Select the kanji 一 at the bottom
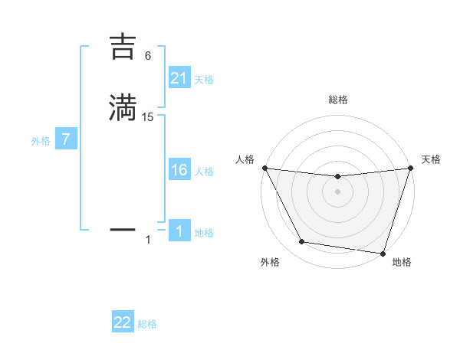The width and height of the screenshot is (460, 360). pyautogui.click(x=123, y=228)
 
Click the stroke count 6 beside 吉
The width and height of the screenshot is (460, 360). pyautogui.click(x=148, y=56)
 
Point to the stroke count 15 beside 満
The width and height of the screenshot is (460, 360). pyautogui.click(x=148, y=116)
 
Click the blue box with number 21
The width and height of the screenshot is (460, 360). pyautogui.click(x=179, y=78)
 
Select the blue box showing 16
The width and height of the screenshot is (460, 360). pyautogui.click(x=179, y=170)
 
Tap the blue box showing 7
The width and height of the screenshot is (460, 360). pyautogui.click(x=66, y=140)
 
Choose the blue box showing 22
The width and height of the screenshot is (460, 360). pyautogui.click(x=123, y=322)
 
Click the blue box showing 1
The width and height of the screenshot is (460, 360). pyautogui.click(x=179, y=231)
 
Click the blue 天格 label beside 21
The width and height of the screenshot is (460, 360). pyautogui.click(x=204, y=80)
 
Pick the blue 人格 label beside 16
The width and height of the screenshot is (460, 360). pyautogui.click(x=204, y=172)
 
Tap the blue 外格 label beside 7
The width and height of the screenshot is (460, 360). pyautogui.click(x=41, y=142)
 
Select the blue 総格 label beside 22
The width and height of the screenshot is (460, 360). pyautogui.click(x=147, y=324)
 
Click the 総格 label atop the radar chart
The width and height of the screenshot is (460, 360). pyautogui.click(x=338, y=100)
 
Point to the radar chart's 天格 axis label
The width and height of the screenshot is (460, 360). pyautogui.click(x=432, y=159)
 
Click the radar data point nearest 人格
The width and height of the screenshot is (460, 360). pyautogui.click(x=264, y=168)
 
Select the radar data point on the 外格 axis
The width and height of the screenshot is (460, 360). pyautogui.click(x=301, y=242)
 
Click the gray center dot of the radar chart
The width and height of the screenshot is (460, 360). pyautogui.click(x=338, y=191)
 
